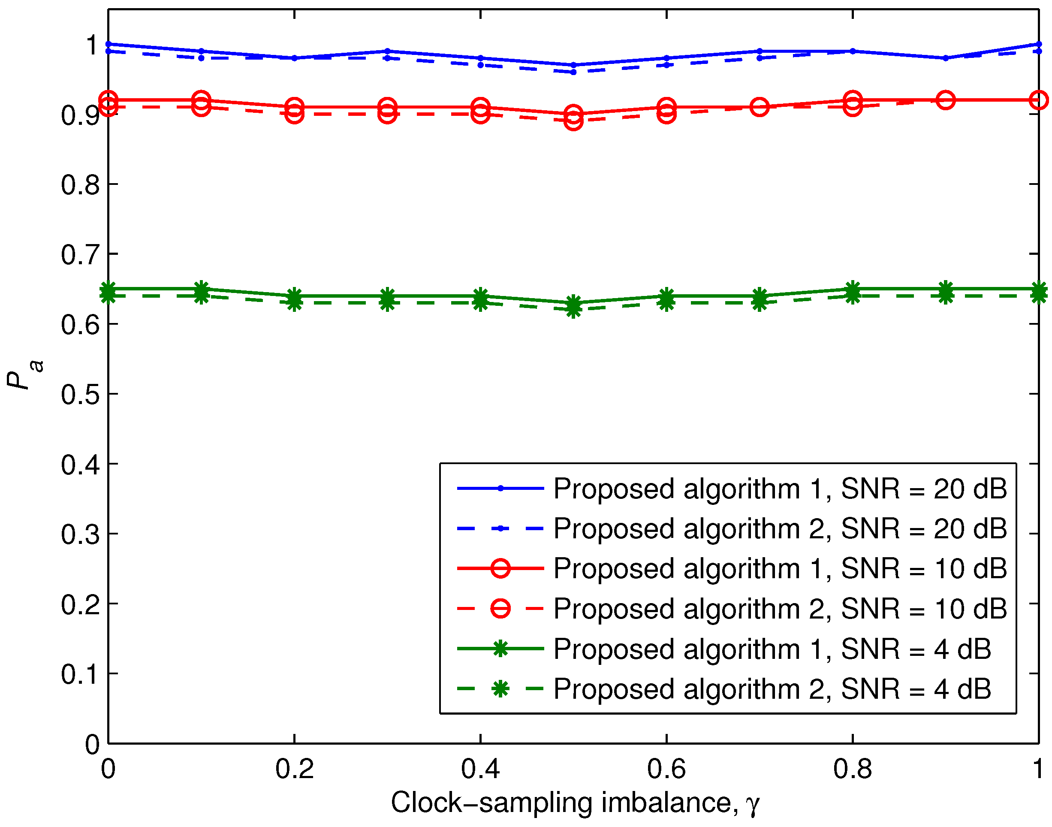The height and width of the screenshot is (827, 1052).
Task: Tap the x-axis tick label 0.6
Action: pos(666,769)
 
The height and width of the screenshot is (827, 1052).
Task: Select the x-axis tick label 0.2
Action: pos(294,769)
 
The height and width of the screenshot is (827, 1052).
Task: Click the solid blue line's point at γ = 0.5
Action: pos(573,65)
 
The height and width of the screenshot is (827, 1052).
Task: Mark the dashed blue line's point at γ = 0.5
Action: pos(573,72)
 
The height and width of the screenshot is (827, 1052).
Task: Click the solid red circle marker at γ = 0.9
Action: pos(946,100)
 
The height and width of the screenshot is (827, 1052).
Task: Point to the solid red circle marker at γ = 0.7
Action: pos(760,107)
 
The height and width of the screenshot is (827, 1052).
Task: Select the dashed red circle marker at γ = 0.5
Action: pos(573,121)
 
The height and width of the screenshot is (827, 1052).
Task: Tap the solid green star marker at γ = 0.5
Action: pos(573,303)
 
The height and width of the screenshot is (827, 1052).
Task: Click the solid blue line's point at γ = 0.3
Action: pos(387,51)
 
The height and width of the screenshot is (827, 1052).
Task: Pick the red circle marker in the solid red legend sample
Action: pos(500,568)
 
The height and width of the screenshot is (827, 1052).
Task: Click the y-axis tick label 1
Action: pos(91,45)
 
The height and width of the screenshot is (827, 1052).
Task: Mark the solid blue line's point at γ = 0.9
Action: pos(946,58)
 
